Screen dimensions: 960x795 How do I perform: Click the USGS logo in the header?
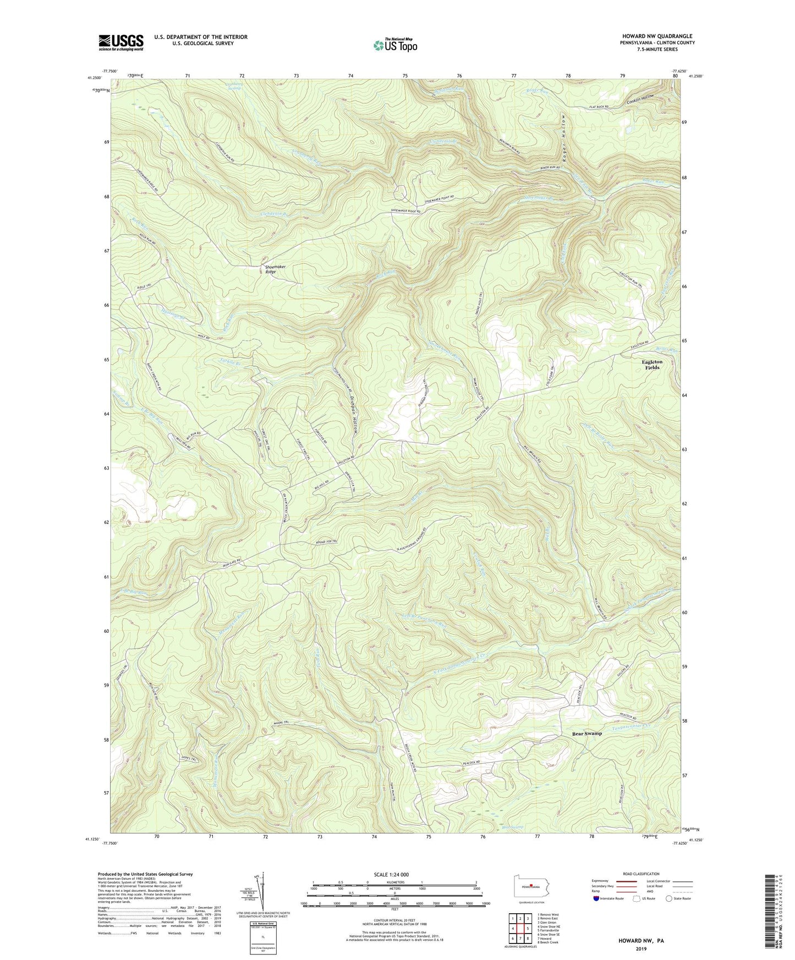[121, 42]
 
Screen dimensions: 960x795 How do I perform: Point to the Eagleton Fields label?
[652, 365]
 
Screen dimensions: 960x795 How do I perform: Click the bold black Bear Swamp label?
[587, 733]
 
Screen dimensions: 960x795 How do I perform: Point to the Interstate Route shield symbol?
[597, 898]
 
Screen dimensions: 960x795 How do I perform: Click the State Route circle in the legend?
[669, 898]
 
